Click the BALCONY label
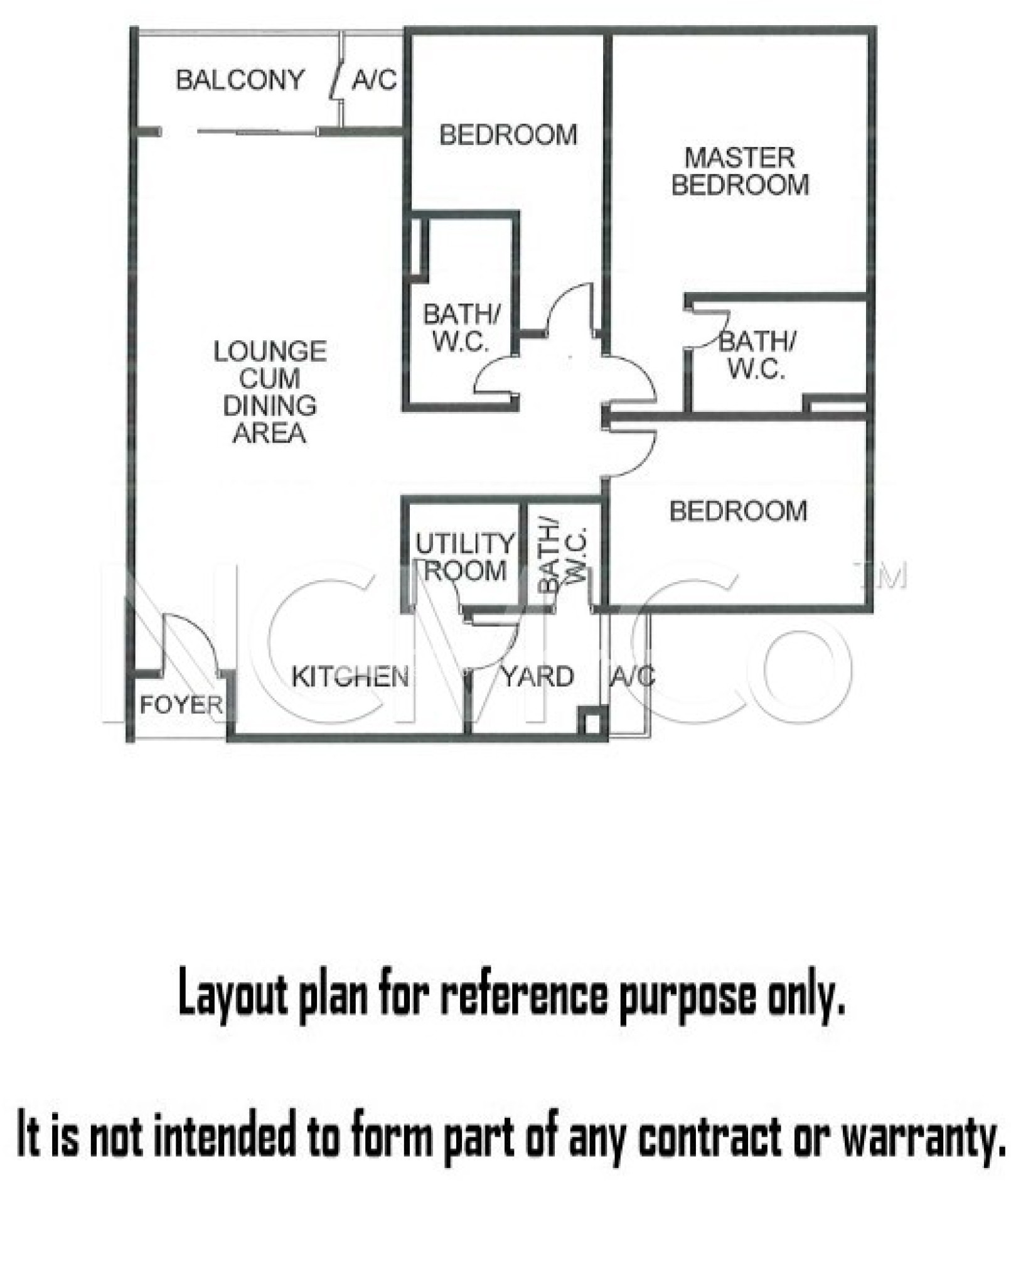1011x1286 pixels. click(x=240, y=80)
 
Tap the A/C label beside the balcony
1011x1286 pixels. click(x=375, y=80)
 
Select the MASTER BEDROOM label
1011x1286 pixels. click(x=740, y=171)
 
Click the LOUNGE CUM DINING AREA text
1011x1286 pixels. click(x=270, y=392)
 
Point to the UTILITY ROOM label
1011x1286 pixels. click(x=465, y=557)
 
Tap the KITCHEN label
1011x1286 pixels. click(x=350, y=676)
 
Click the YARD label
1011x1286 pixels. click(x=538, y=676)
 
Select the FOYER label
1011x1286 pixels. click(x=181, y=705)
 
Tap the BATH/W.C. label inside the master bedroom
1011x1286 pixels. click(x=757, y=355)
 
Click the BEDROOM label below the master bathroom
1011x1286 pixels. click(x=738, y=511)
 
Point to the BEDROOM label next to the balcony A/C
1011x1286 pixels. click(x=508, y=135)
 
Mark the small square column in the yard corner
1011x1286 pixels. click(x=592, y=720)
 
